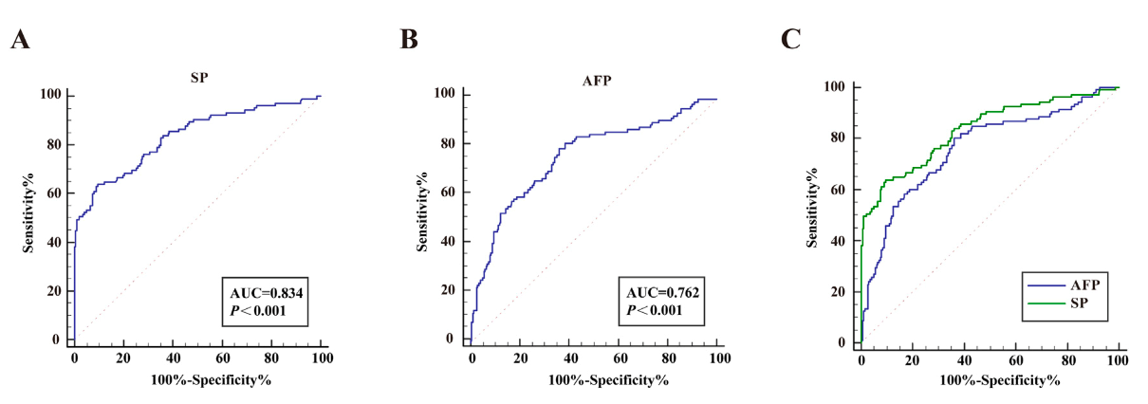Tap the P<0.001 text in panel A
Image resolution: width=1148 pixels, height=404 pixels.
[x=253, y=311]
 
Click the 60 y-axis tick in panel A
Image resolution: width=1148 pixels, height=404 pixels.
[x=55, y=193]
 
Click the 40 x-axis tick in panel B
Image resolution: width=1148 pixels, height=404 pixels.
[x=570, y=358]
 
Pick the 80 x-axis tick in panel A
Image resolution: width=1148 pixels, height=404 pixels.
[x=272, y=358]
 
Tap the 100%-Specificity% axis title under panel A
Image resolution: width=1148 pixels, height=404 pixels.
[x=198, y=380]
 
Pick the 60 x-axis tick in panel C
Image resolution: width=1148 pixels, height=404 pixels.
[x=1016, y=361]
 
